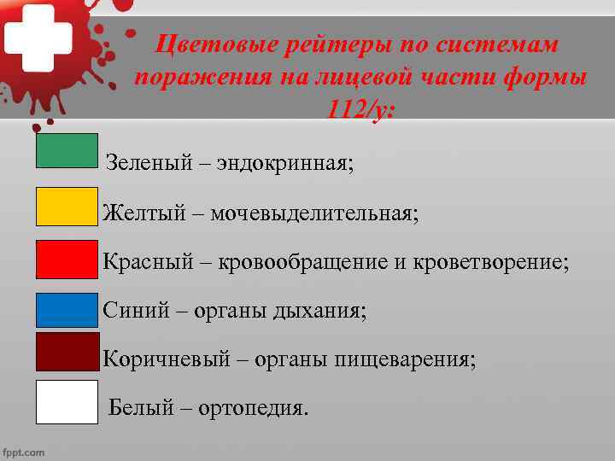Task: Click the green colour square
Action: click(x=67, y=150)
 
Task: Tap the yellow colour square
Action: click(x=67, y=207)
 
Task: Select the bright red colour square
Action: click(x=67, y=260)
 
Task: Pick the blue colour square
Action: click(x=67, y=311)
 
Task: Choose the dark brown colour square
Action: click(x=67, y=352)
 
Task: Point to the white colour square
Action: click(x=67, y=402)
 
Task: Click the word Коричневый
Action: click(x=167, y=359)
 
